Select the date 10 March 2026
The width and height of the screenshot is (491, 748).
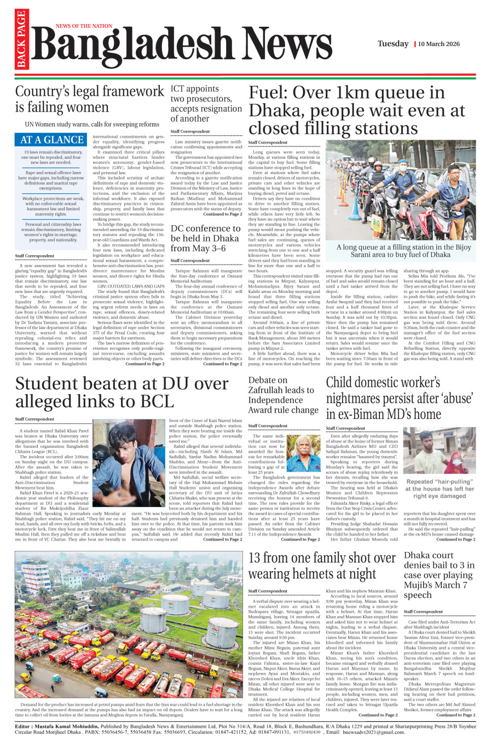pyautogui.click(x=439, y=44)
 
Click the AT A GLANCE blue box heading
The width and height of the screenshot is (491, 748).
pyautogui.click(x=52, y=140)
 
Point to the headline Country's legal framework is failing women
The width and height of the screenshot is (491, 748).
pyautogui.click(x=89, y=99)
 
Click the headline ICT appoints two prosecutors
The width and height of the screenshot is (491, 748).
pyautogui.click(x=206, y=103)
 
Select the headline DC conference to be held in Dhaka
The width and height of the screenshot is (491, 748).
pyautogui.click(x=205, y=238)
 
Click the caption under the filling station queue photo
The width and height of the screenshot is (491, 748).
pyautogui.click(x=403, y=251)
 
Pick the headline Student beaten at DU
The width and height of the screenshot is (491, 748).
pyautogui.click(x=122, y=392)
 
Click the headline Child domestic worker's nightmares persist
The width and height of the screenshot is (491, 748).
pyautogui.click(x=399, y=398)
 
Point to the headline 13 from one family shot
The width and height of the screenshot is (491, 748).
pyautogui.click(x=322, y=566)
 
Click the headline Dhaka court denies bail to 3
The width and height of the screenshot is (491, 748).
pyautogui.click(x=439, y=575)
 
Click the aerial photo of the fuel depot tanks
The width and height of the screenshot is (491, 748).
pyautogui.click(x=129, y=624)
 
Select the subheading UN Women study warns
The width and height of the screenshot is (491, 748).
pyautogui.click(x=92, y=124)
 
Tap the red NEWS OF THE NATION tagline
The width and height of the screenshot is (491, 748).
pyautogui.click(x=84, y=26)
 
